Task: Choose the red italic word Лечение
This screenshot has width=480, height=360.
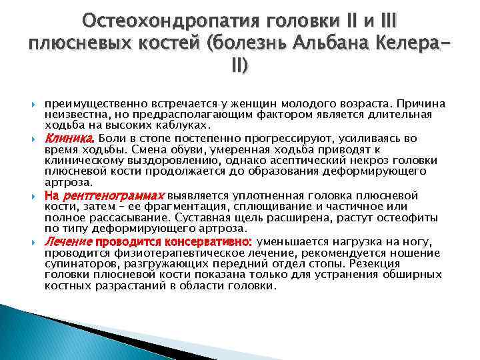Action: (x=68, y=241)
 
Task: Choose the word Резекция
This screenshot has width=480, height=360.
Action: (x=416, y=263)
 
